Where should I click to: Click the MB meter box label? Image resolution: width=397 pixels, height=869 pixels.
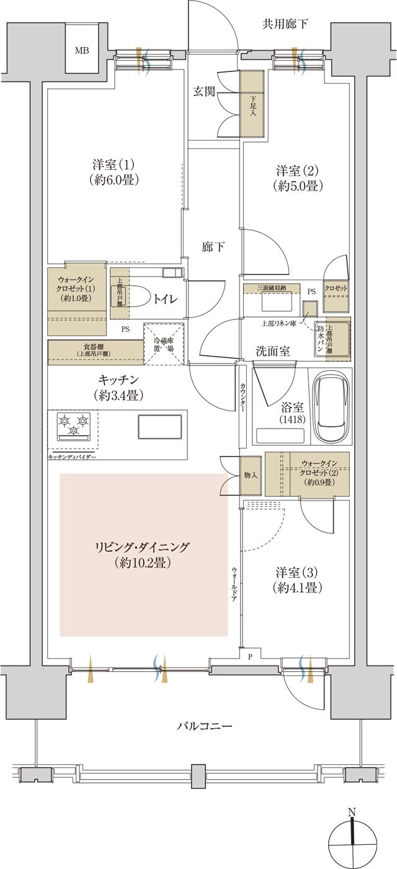82,50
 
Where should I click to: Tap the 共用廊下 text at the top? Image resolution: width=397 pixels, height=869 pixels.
285,25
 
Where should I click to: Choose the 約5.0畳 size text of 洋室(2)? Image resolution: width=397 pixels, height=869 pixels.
299,185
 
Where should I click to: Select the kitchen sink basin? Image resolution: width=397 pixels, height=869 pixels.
159,426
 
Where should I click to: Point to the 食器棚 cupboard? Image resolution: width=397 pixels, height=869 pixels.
95,350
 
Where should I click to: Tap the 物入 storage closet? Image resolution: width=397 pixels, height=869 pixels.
251,476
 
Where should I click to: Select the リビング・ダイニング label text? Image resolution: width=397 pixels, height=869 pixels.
142,547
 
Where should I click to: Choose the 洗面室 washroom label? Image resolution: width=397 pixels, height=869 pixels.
273,350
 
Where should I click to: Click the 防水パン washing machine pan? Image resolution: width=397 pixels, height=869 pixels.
321,339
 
